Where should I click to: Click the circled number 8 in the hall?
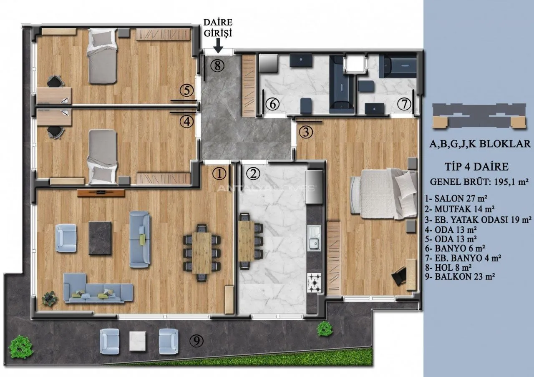pyautogui.click(x=217, y=65)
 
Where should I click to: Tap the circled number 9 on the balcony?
pyautogui.click(x=196, y=341)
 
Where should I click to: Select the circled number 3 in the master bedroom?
pyautogui.click(x=306, y=132)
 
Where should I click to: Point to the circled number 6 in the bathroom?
pyautogui.click(x=272, y=104)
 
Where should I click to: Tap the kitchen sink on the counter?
pyautogui.click(x=314, y=238)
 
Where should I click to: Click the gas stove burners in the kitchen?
pyautogui.click(x=314, y=283)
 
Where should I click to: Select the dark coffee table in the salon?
pyautogui.click(x=100, y=238)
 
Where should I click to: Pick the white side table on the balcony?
pyautogui.click(x=138, y=341)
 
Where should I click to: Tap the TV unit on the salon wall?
pyautogui.click(x=101, y=193)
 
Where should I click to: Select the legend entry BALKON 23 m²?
pyautogui.click(x=460, y=276)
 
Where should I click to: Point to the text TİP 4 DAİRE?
pyautogui.click(x=477, y=166)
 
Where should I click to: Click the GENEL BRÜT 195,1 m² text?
pyautogui.click(x=479, y=182)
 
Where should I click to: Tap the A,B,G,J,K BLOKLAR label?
pyautogui.click(x=480, y=144)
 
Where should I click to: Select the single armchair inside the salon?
pyautogui.click(x=66, y=238)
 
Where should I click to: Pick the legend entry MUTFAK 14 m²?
pyautogui.click(x=460, y=209)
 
